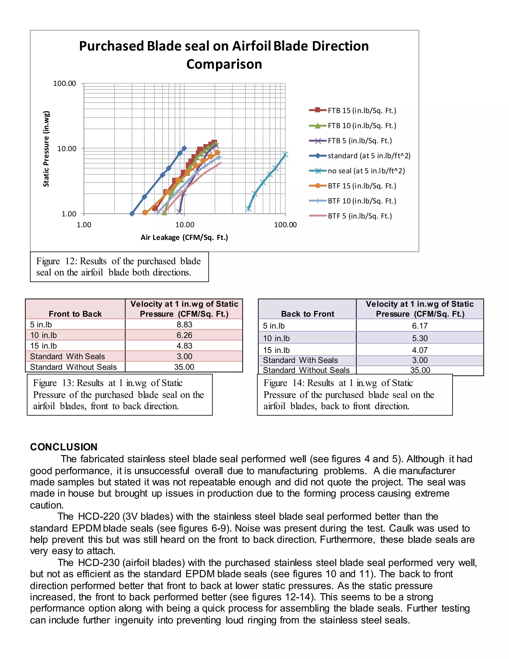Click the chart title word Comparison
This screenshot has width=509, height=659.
pyautogui.click(x=224, y=64)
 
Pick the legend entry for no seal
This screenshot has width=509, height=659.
pyautogui.click(x=366, y=171)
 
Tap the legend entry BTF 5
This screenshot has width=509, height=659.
pyautogui.click(x=359, y=216)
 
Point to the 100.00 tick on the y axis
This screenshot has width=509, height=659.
pyautogui.click(x=65, y=84)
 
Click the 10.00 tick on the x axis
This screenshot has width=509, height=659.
pyautogui.click(x=185, y=225)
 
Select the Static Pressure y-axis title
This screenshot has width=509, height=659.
pyautogui.click(x=46, y=149)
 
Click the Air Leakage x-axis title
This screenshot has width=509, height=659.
pyautogui.click(x=184, y=237)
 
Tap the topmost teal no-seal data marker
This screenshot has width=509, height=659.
pyautogui.click(x=285, y=154)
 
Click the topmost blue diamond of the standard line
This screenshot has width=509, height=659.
pyautogui.click(x=184, y=148)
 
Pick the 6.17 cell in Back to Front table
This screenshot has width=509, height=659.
pyautogui.click(x=420, y=326)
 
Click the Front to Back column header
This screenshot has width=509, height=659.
pyautogui.click(x=75, y=314)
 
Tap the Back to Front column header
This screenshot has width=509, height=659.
pyautogui.click(x=308, y=314)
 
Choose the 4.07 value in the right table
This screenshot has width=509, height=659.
pyautogui.click(x=420, y=350)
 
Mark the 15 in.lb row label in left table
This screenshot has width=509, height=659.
pyautogui.click(x=43, y=346)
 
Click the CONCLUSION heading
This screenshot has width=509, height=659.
pyautogui.click(x=64, y=447)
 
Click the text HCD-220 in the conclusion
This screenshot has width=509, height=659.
pyautogui.click(x=99, y=516)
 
